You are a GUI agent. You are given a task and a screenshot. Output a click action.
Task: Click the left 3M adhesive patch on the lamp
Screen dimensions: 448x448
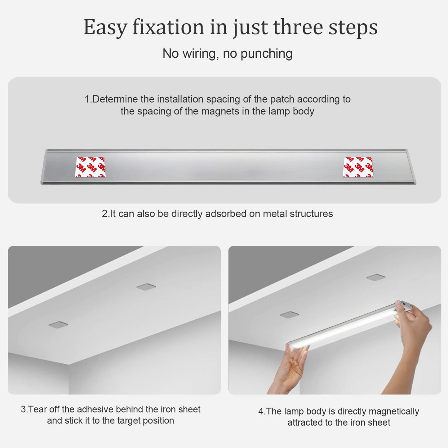(x=90, y=167)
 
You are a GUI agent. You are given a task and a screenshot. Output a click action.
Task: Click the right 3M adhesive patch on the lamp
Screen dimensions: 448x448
(x=358, y=167)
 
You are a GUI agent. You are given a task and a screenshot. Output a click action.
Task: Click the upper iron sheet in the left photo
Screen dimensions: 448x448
(x=146, y=287)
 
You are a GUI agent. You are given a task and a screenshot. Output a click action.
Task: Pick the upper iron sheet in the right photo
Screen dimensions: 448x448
(x=376, y=277)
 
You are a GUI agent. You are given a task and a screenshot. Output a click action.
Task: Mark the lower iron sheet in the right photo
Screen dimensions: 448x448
(x=289, y=315)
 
